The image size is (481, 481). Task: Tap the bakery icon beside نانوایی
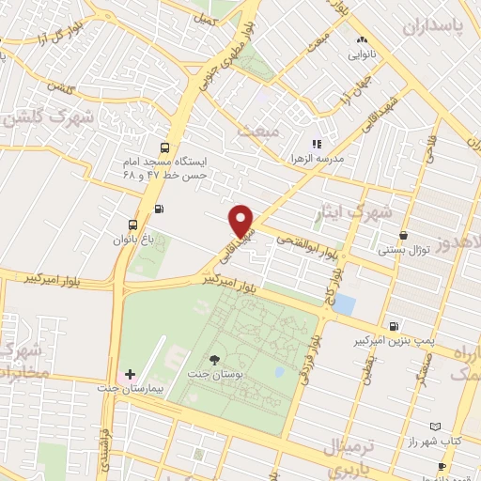pos(362,40)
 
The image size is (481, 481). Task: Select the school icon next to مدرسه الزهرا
pos(317,145)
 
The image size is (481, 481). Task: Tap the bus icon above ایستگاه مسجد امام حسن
pos(165,147)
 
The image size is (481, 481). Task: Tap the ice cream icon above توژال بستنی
pos(403,236)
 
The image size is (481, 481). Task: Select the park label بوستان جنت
pos(216,375)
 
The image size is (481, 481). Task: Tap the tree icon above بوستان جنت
pos(216,360)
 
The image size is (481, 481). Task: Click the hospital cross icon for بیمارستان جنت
pos(130,374)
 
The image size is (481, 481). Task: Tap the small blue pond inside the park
pos(278,371)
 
